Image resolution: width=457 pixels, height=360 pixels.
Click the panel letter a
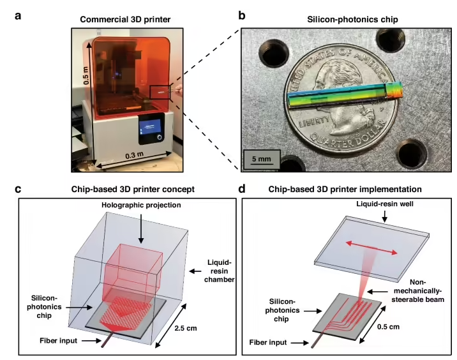18,16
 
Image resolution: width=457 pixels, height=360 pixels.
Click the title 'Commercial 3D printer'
125,20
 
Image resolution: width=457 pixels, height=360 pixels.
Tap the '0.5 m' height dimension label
86,75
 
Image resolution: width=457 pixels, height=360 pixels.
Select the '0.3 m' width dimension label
135,155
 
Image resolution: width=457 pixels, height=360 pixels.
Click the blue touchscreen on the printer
150,128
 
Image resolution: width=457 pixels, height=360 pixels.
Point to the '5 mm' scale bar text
262,159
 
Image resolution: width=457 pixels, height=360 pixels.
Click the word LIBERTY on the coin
314,121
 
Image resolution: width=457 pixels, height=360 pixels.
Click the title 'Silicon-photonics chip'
352,20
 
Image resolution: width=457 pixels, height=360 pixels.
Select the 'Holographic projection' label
141,205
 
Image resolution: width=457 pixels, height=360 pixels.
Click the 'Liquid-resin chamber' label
219,271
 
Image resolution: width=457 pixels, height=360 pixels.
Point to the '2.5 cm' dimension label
186,328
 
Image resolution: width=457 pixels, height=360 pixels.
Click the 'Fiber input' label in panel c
58,340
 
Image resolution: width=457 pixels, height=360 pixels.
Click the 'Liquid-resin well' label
385,204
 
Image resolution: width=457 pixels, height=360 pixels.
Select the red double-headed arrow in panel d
371,248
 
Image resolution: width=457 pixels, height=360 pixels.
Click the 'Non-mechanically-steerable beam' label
417,290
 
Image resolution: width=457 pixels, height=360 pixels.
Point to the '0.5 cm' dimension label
388,326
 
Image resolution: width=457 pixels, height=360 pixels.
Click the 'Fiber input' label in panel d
268,342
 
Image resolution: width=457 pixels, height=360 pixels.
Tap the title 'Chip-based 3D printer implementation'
345,189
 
